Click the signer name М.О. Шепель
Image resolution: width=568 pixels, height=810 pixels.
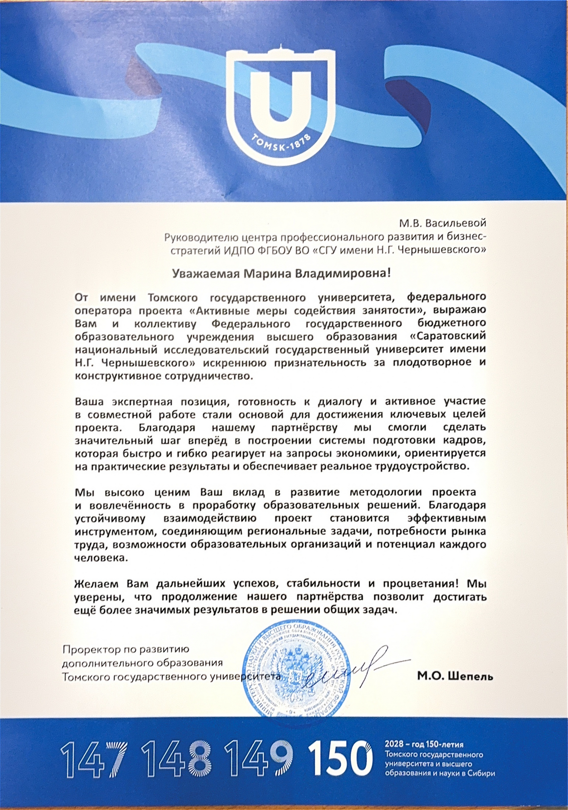point(455,676)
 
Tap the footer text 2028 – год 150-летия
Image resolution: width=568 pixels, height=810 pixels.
point(424,744)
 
